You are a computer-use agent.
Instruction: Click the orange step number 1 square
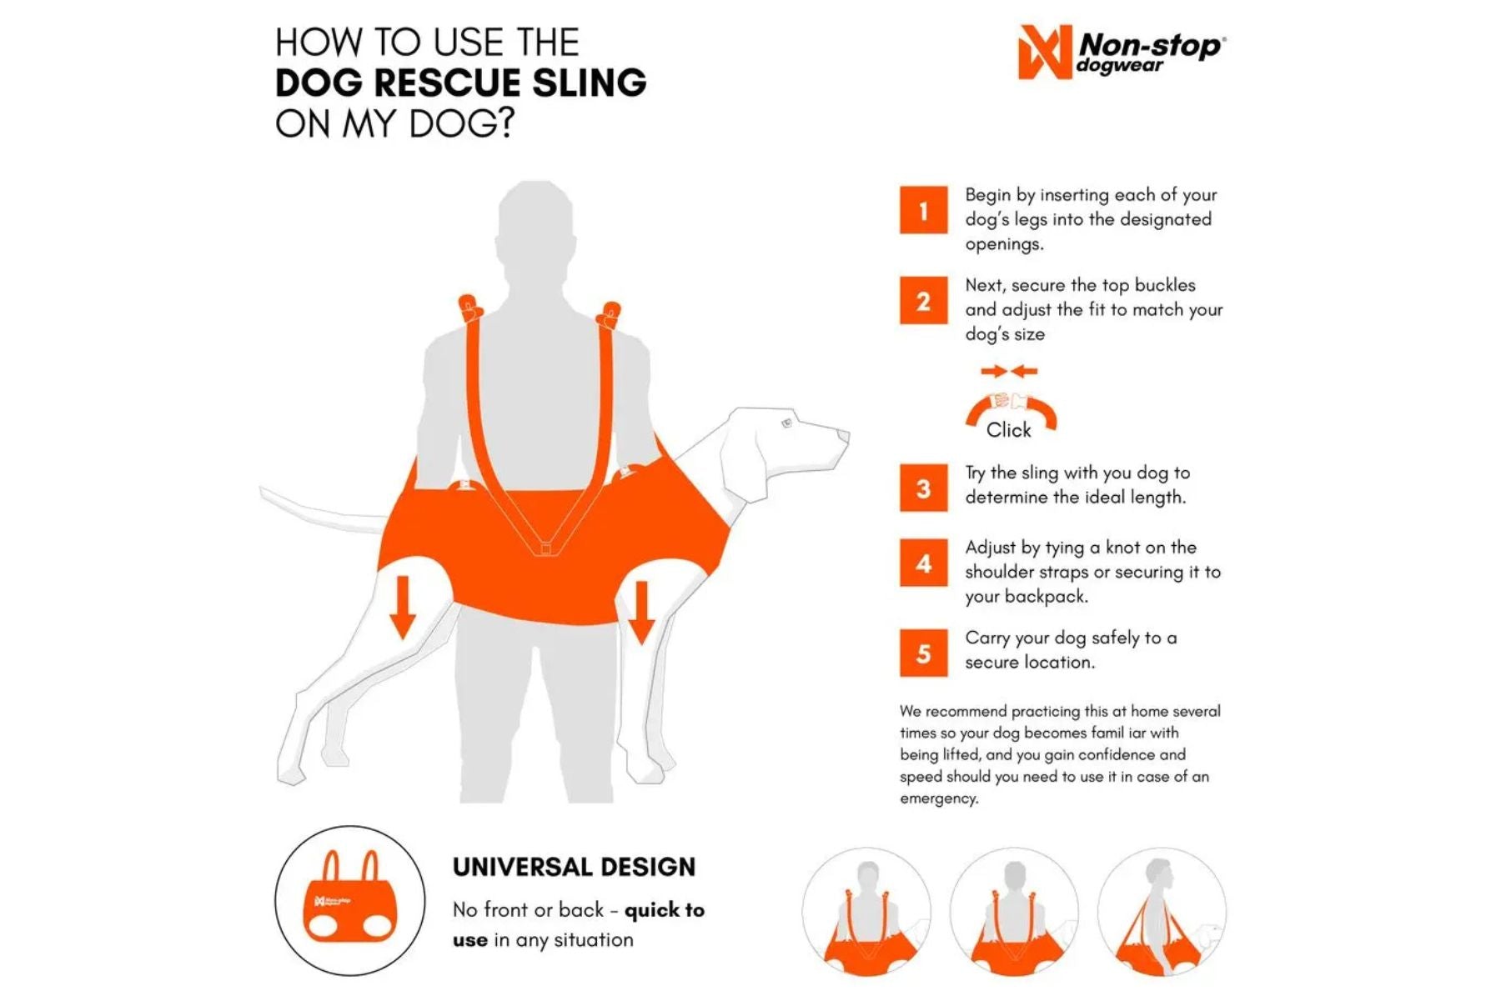click(x=923, y=210)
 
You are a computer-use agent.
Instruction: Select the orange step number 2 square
click(x=923, y=300)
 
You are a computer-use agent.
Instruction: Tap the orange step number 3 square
click(x=923, y=488)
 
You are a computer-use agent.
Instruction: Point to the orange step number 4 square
click(x=923, y=563)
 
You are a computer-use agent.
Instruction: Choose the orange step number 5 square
click(x=923, y=653)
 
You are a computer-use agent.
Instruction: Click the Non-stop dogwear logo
click(x=1122, y=53)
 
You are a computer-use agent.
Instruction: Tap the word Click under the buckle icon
click(x=1008, y=430)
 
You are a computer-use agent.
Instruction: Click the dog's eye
click(x=786, y=424)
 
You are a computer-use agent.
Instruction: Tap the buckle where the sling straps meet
click(x=545, y=548)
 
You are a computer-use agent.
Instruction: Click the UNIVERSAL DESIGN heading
click(x=574, y=867)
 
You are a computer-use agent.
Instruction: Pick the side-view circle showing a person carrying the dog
click(x=1162, y=912)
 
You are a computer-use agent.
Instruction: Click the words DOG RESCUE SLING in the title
click(x=460, y=83)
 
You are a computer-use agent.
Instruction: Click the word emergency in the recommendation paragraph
click(x=938, y=798)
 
